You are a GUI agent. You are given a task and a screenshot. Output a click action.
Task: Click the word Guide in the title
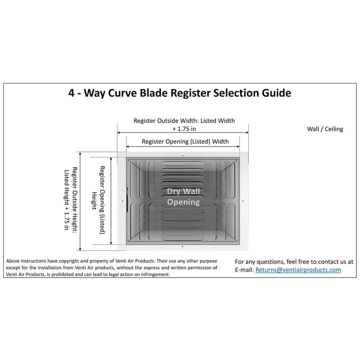275,93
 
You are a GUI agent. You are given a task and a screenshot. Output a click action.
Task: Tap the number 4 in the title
72,93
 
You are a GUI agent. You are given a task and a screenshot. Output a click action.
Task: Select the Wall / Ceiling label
325,129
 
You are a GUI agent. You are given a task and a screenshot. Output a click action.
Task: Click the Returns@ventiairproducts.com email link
298,270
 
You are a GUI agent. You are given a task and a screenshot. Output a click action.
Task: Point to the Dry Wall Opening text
183,197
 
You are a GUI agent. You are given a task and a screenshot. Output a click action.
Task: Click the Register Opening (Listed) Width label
185,141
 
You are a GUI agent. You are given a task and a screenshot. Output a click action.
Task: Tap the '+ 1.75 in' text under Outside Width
184,129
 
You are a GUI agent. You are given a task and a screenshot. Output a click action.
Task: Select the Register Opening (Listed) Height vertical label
98,200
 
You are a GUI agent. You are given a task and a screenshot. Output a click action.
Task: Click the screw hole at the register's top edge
183,155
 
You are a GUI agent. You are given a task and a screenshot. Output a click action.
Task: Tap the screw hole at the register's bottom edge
182,246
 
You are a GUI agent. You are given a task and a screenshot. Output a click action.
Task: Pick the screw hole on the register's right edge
243,201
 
